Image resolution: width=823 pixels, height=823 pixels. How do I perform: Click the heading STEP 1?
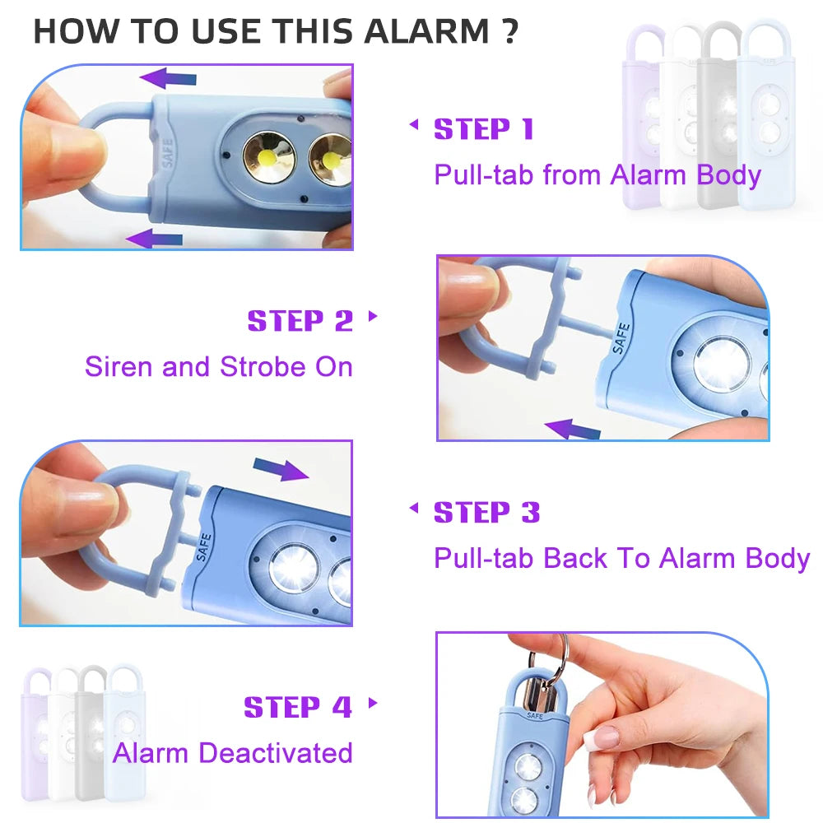(484, 129)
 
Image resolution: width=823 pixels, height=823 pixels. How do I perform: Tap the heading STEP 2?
(300, 321)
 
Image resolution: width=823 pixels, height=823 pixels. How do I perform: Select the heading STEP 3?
(486, 513)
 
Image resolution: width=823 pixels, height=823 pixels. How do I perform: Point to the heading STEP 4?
(297, 707)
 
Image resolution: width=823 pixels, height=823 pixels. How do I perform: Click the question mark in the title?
(509, 31)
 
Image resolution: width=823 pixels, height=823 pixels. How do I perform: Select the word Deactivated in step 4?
(276, 752)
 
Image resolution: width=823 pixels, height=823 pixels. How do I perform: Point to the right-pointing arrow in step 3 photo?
(281, 470)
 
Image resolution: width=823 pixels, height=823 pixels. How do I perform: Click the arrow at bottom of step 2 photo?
(573, 428)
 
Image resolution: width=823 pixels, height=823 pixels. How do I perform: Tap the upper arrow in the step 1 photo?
(169, 78)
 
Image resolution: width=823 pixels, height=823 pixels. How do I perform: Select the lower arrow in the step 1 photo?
(155, 239)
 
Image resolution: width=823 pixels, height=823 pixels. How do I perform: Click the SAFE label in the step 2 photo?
(621, 338)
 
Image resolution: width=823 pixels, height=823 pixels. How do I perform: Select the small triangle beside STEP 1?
(414, 125)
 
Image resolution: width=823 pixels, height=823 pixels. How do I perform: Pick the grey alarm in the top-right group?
(721, 115)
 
